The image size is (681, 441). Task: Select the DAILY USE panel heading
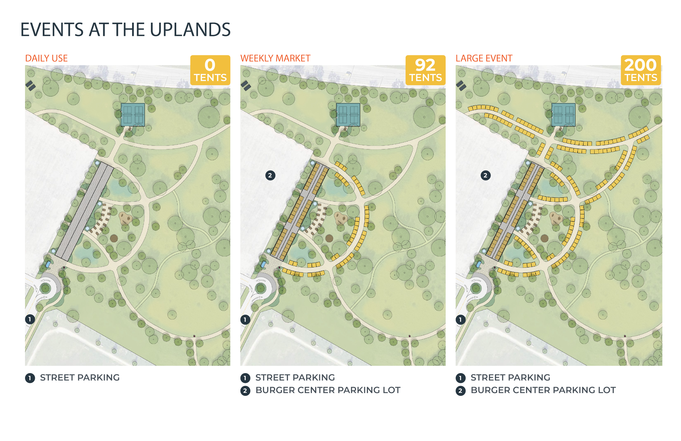47,58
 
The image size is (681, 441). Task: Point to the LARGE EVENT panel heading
484,58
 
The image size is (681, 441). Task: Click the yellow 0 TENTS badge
210,70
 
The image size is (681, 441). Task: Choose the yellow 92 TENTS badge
425,70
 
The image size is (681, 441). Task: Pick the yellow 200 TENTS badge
641,70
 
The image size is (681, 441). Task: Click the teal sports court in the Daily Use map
133,114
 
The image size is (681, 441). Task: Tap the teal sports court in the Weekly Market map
348,114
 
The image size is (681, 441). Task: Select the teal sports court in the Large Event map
563,114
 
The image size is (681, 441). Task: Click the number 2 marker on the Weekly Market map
270,175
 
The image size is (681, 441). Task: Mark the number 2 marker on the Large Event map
486,175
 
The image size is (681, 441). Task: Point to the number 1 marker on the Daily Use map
30,319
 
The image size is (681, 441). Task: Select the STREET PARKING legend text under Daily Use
80,378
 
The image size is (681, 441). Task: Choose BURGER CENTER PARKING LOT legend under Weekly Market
328,390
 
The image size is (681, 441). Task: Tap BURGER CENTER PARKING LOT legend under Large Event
543,390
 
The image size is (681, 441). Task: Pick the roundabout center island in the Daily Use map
45,288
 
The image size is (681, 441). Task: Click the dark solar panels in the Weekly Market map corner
246,85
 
